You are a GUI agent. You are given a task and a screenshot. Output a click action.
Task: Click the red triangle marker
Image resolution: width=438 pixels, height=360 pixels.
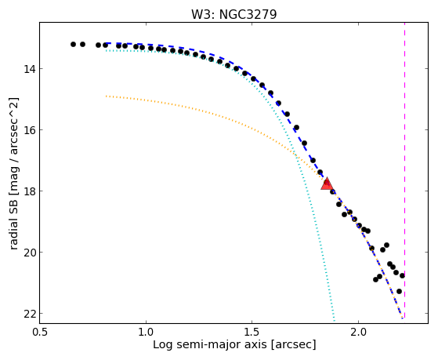(x=327, y=184)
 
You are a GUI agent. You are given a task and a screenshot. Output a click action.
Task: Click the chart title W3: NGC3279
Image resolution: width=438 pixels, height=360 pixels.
(x=233, y=14)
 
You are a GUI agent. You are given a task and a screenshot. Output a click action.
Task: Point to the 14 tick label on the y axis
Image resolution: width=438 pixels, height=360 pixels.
(x=30, y=69)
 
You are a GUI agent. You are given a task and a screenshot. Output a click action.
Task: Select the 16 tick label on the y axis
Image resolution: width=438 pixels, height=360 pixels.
(x=30, y=130)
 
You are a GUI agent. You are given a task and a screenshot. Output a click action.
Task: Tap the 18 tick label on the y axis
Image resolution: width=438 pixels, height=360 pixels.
(x=30, y=191)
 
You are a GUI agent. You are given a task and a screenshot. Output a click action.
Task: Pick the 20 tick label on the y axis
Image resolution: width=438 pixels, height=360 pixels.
(x=30, y=253)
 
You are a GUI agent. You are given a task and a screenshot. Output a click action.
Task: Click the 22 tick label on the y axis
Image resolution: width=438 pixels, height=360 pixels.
(x=30, y=314)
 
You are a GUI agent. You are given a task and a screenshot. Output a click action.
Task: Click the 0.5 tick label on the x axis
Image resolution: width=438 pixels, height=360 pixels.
(x=40, y=333)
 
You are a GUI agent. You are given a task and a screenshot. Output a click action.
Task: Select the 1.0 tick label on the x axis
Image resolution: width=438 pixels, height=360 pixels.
(x=146, y=333)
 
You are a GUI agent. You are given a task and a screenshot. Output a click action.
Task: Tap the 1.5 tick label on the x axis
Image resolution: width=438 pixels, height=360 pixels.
(x=252, y=333)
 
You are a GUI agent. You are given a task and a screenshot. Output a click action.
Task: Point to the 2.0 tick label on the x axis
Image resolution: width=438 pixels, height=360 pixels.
(x=358, y=333)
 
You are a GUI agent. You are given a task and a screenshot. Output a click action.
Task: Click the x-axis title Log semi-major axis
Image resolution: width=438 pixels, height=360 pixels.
(x=209, y=344)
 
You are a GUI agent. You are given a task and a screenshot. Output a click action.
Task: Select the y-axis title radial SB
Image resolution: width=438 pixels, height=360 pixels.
(x=14, y=221)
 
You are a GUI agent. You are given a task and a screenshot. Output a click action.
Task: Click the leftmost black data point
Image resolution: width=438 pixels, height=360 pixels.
(x=73, y=44)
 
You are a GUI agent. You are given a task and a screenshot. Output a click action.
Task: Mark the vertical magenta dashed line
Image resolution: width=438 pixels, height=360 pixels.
(x=404, y=170)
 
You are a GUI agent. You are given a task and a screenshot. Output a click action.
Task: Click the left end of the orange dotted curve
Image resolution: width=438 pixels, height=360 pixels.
(x=106, y=96)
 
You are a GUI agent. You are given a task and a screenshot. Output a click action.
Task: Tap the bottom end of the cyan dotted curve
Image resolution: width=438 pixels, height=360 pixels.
(x=335, y=321)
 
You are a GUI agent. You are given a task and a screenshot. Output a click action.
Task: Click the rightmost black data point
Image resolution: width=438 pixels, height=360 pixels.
(x=402, y=275)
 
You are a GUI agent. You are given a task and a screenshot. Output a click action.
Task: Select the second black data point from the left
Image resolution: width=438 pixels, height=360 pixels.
(x=82, y=44)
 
